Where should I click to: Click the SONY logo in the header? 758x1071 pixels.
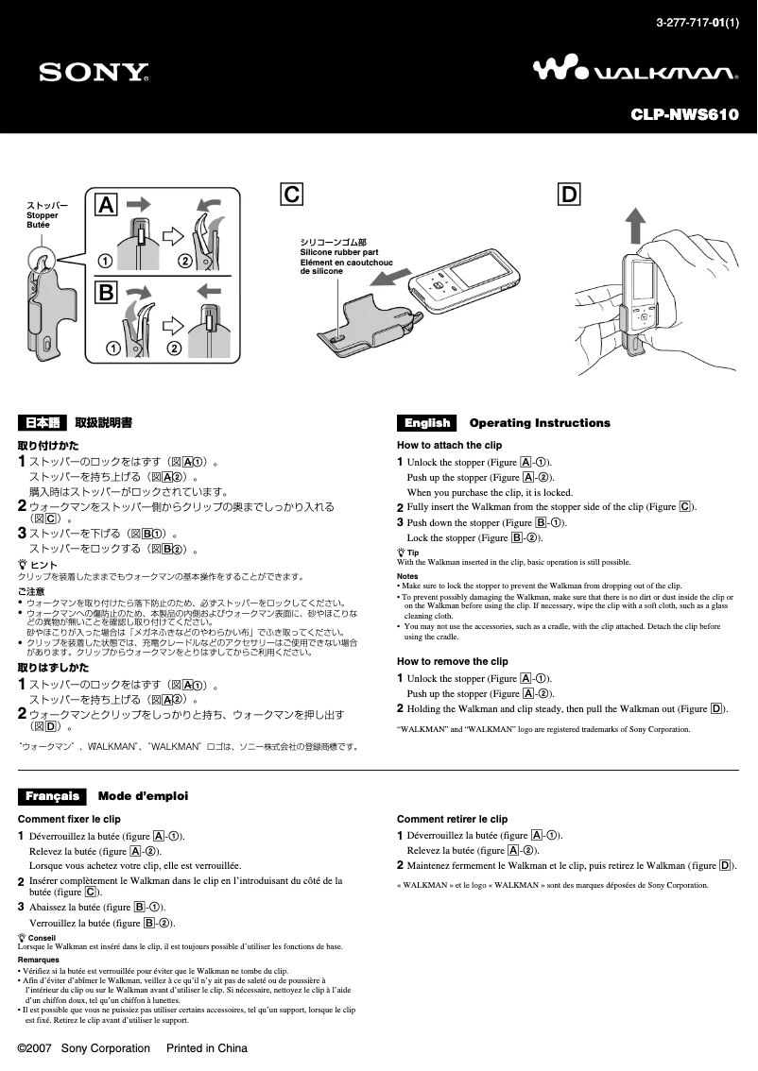tap(94, 72)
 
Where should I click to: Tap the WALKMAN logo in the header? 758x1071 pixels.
tap(635, 71)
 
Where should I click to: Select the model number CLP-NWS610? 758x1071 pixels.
tap(684, 115)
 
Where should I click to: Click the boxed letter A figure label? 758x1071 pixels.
tap(107, 204)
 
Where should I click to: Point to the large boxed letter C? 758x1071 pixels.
tap(292, 195)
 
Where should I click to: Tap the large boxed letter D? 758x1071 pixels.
tap(569, 195)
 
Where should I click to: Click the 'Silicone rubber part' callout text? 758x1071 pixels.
tap(339, 252)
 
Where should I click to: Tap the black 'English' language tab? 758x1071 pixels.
tap(427, 423)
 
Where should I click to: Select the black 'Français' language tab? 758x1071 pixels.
tap(52, 796)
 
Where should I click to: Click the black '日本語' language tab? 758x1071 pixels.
tap(43, 423)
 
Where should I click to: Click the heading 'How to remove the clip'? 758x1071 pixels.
tap(452, 661)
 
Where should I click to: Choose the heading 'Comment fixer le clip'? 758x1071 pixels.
tap(69, 819)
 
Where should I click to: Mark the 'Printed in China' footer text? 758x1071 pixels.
tap(207, 1048)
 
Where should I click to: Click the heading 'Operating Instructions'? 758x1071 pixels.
tap(540, 423)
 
